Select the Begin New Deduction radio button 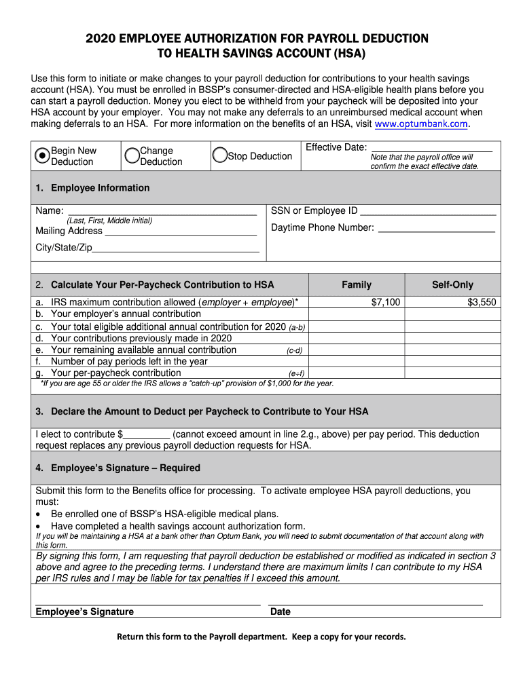42,156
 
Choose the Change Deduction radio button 132,156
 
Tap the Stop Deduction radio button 219,156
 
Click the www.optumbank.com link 421,124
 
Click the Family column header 357,285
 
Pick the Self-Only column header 452,285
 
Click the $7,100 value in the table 386,302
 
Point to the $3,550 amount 482,302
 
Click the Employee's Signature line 147,602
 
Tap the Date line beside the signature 375,602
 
